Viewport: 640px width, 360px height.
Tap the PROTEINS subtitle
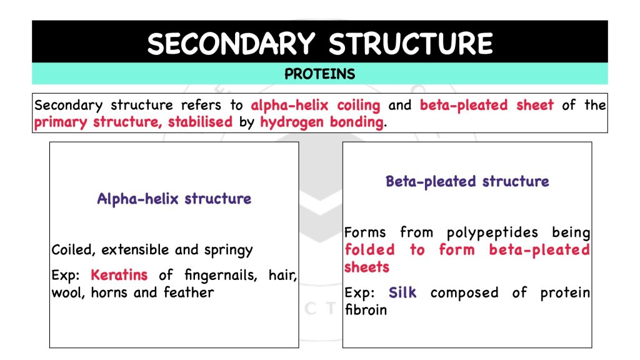(319, 74)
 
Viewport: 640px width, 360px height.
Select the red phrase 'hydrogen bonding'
(322, 122)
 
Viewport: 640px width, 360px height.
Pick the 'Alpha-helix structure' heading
(174, 199)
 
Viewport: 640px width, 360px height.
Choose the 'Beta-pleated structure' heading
(467, 182)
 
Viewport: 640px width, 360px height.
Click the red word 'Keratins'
(119, 274)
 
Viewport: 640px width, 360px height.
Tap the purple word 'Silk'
(402, 292)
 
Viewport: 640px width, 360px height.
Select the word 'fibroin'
(366, 309)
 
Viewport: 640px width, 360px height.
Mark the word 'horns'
(109, 292)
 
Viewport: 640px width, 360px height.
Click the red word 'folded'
(369, 250)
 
